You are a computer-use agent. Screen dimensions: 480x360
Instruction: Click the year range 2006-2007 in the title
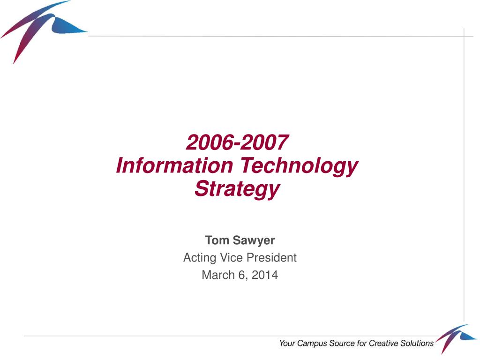237,142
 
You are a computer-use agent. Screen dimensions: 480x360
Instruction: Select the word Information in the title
175,165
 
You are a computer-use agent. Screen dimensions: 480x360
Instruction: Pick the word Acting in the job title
200,258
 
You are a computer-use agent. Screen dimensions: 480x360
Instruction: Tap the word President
271,257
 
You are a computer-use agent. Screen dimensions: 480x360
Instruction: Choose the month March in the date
218,275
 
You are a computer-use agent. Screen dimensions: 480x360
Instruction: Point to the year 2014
265,275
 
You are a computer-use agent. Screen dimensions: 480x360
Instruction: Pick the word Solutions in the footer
417,343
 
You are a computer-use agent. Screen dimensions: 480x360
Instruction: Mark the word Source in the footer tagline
342,343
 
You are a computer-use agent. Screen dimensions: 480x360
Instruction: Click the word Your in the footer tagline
287,343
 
